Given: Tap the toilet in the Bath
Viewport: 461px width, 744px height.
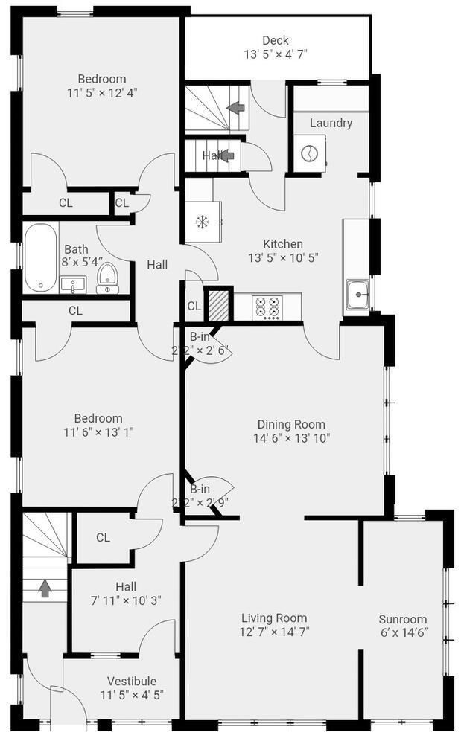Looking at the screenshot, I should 108,278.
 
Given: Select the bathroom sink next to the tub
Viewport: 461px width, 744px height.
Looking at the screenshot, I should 73,285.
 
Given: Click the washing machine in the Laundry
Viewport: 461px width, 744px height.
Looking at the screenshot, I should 308,154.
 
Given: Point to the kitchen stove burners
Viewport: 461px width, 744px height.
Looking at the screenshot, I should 267,307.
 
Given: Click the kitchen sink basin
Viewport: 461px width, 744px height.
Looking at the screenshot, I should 357,295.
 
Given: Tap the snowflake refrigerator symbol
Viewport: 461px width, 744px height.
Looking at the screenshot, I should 201,222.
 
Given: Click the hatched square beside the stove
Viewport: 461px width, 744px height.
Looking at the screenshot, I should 219,305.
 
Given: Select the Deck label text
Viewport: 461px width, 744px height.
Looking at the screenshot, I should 276,40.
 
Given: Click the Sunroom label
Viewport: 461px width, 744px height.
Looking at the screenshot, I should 403,619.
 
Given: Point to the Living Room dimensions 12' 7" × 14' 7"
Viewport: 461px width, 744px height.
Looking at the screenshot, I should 274,632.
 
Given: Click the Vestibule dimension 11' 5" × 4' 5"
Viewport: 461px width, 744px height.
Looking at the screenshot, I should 132,695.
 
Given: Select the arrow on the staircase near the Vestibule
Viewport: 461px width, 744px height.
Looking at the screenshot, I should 45,589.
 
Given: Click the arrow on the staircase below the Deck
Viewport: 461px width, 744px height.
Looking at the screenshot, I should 236,108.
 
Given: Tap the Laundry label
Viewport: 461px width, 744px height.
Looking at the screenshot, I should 331,123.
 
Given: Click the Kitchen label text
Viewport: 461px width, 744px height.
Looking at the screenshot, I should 283,243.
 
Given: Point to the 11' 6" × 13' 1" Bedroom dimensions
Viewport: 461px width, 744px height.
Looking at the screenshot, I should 98,432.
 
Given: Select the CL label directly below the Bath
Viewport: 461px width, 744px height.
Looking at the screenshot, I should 75,310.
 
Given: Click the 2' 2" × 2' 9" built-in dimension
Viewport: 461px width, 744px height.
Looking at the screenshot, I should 199,502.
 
